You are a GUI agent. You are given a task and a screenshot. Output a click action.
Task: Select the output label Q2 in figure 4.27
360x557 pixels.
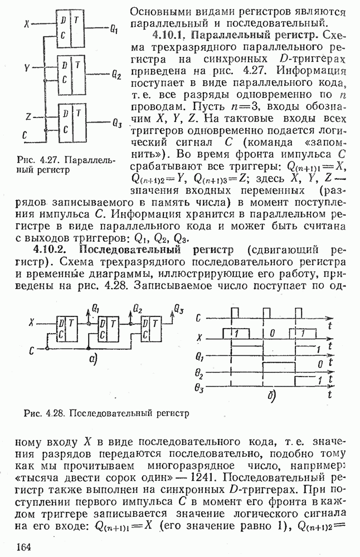pos(115,74)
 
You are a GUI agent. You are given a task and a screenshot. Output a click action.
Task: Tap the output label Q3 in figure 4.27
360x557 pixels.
pos(116,123)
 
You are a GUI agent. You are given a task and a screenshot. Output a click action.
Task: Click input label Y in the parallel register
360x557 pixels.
pos(27,68)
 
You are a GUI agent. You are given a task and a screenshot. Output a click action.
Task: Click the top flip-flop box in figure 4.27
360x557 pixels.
pos(72,28)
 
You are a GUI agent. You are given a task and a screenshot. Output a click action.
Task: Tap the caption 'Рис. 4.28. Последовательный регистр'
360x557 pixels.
pos(106,413)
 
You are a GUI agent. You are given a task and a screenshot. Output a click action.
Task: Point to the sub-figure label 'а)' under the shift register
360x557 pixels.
pos(94,360)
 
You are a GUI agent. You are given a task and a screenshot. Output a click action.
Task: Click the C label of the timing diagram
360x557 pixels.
pos(199,318)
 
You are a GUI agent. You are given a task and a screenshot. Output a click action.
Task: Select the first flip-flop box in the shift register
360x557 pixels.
pos(66,329)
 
